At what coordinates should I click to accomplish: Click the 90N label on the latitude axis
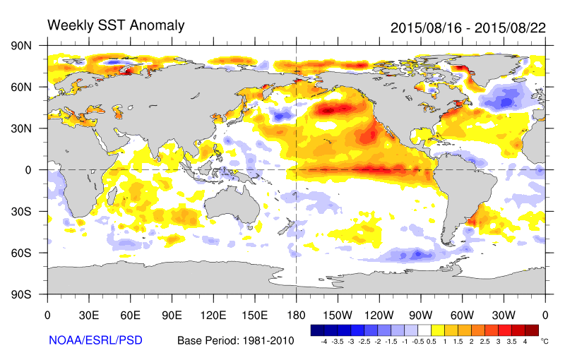[21, 46]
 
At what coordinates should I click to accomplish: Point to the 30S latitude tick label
[21, 211]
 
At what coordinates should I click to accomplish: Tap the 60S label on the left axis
[21, 253]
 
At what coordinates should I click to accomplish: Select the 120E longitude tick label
[213, 316]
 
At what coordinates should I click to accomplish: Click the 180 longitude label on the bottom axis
[296, 316]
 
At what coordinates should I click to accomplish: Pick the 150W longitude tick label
[338, 316]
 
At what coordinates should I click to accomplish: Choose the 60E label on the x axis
[131, 316]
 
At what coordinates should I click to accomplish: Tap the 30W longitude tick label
[504, 316]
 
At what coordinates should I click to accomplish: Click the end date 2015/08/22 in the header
[510, 28]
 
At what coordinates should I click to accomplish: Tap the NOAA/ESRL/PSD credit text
[95, 340]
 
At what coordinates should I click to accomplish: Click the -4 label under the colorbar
[323, 342]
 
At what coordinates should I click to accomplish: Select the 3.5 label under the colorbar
[511, 342]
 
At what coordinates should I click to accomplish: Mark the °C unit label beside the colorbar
[545, 341]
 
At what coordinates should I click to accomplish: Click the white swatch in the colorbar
[424, 330]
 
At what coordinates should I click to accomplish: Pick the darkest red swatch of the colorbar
[532, 330]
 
